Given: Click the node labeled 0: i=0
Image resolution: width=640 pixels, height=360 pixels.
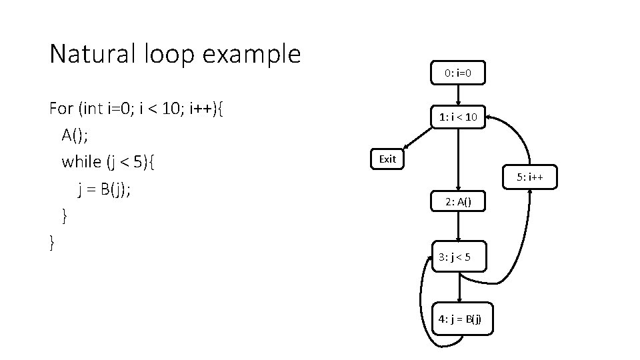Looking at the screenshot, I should click(x=458, y=73).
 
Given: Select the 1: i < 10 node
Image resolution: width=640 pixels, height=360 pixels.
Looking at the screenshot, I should click(x=458, y=118).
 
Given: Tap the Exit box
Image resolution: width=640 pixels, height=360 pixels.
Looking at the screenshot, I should click(x=387, y=159).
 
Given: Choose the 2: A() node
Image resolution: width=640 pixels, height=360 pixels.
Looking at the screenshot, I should click(x=458, y=201).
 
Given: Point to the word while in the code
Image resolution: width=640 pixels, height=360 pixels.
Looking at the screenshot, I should click(x=82, y=162).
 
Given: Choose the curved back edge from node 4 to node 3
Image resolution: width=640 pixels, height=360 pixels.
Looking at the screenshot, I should click(x=421, y=300).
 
